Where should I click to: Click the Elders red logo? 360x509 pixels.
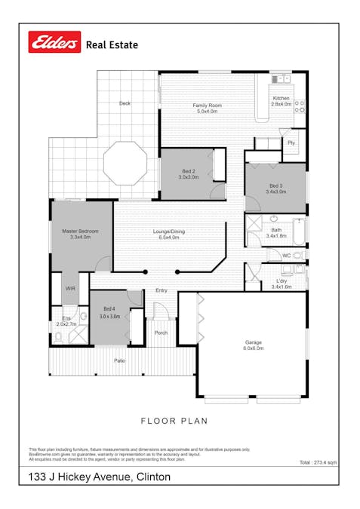(54, 43)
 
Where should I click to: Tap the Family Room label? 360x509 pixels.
(205, 105)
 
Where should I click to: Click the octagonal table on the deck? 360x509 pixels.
(125, 162)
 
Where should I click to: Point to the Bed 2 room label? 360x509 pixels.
(188, 172)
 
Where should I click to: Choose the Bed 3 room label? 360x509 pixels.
(275, 186)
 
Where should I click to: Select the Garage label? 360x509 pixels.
(252, 342)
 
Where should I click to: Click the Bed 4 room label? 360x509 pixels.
(109, 308)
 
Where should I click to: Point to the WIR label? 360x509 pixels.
(70, 288)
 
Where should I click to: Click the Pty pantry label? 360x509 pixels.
(291, 143)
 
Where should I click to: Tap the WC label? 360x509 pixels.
(286, 256)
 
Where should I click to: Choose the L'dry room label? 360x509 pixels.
(281, 282)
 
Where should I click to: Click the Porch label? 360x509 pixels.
(160, 333)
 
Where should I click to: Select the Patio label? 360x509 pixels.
(119, 360)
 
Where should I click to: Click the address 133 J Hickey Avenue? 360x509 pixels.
(99, 477)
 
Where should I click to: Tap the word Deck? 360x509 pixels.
(125, 103)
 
